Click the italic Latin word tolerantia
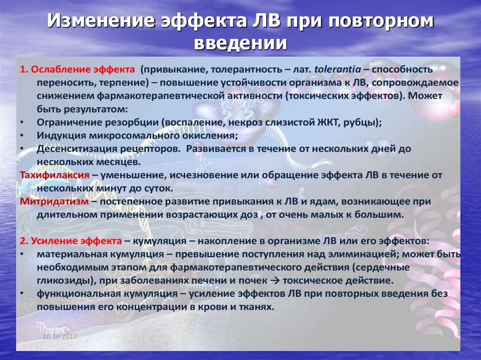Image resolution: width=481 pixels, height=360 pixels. (337, 69)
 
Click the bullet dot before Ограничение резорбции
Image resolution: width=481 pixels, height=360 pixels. (23, 122)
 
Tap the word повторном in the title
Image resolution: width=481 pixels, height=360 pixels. (379, 23)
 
